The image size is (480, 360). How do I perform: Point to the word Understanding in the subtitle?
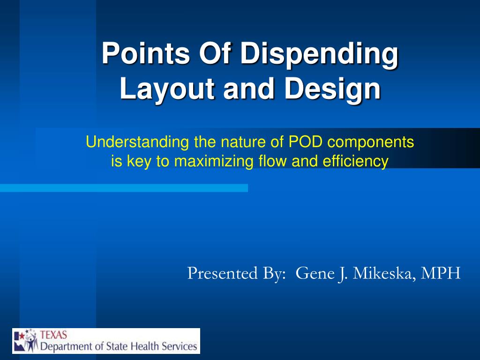click(137, 142)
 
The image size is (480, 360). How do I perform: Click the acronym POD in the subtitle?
click(305, 142)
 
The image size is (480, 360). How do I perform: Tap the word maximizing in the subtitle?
click(214, 161)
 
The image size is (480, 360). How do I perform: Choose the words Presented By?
click(236, 273)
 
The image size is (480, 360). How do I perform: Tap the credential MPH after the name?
click(441, 273)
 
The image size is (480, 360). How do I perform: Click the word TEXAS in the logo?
click(53, 335)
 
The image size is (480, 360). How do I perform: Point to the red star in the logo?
click(22, 336)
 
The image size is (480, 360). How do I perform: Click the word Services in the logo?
click(180, 346)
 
